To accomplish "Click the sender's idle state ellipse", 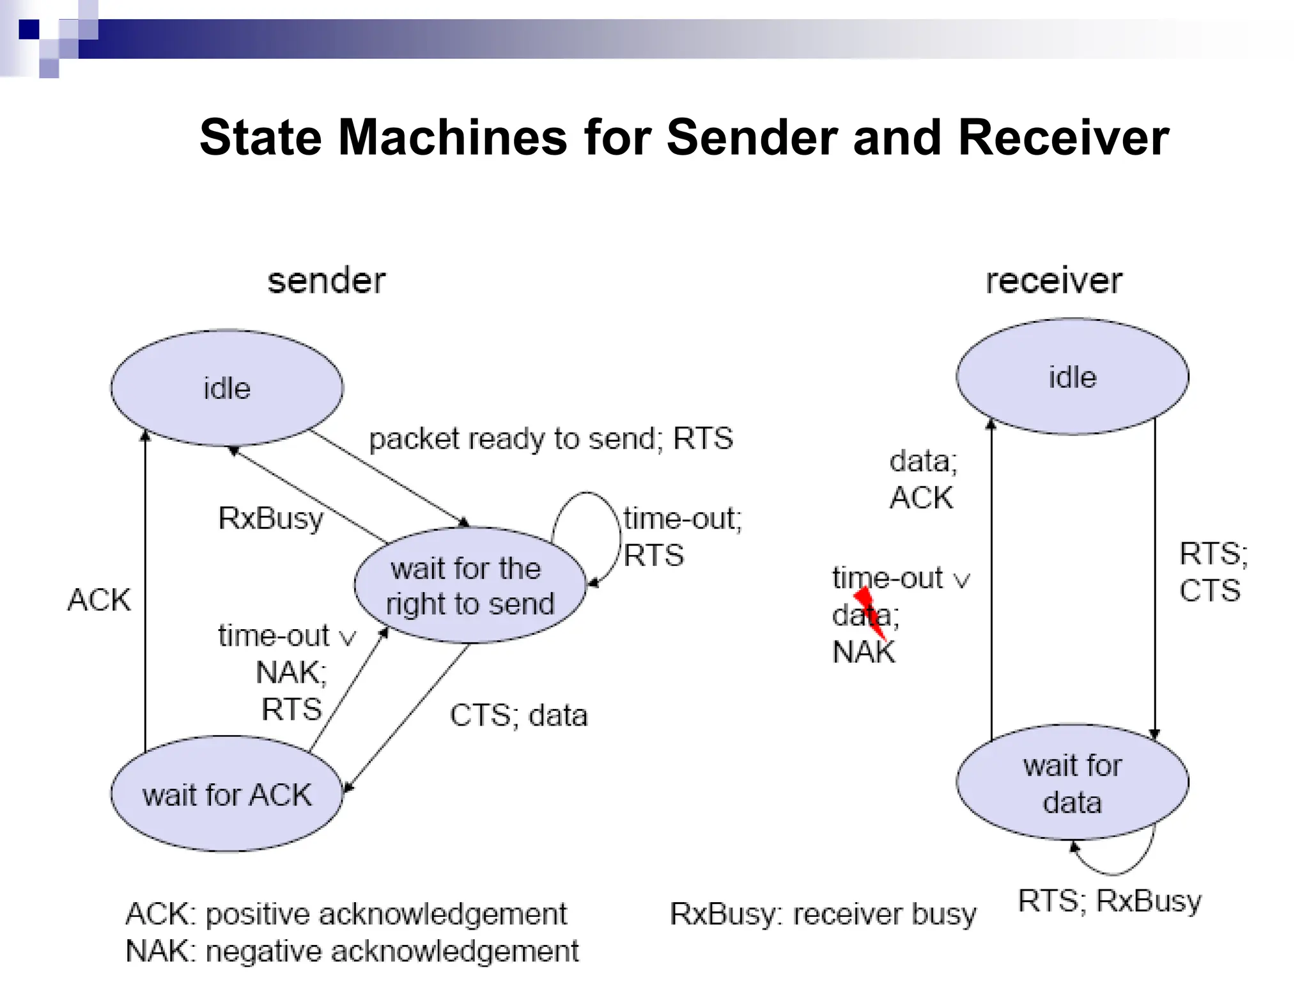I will (227, 388).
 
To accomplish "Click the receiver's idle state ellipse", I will (1072, 377).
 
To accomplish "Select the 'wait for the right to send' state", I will (470, 586).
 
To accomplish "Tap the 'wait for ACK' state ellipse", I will (227, 795).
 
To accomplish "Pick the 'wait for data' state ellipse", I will (1072, 783).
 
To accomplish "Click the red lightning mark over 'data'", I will (870, 612).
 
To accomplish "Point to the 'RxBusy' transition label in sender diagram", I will (270, 518).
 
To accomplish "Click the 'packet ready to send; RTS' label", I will (550, 439).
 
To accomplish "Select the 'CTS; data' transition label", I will (518, 715).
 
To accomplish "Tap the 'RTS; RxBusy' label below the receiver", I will (1110, 901).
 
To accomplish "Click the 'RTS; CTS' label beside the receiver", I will (1212, 572).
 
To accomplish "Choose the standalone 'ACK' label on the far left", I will (99, 600).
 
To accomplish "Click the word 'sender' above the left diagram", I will (327, 281).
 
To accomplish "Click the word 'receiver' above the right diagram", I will (1053, 281).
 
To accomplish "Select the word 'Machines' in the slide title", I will (453, 137).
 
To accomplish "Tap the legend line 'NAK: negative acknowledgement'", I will (352, 951).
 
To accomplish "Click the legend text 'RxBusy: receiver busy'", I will (823, 914).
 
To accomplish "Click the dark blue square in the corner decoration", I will (29, 29).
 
